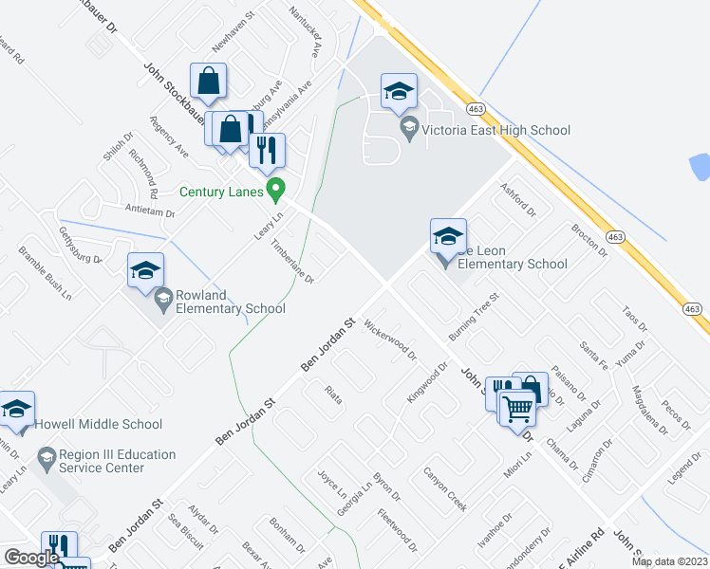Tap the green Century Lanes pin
[x=275, y=190]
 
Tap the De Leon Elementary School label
[x=513, y=257]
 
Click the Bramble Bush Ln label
[x=46, y=274]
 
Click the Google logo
[x=31, y=558]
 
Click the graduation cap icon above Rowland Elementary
[x=146, y=270]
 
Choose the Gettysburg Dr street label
[x=80, y=246]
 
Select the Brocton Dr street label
[x=589, y=241]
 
